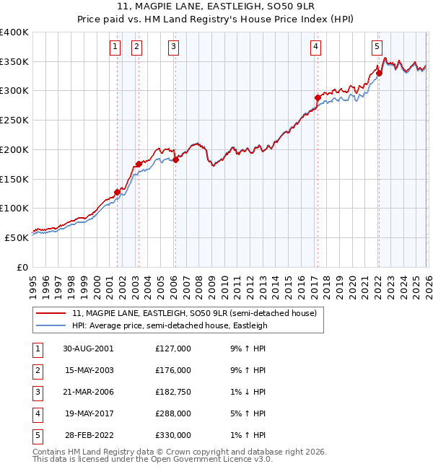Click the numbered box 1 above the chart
pos(115,48)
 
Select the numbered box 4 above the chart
pos(316,48)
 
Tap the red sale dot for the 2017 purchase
pos(318,97)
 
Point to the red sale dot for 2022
pos(379,73)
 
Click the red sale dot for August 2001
pos(117,192)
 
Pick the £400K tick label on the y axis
pos(14,32)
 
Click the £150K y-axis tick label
pos(14,178)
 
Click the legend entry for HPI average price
pos(170,326)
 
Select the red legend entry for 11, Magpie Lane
pos(194,313)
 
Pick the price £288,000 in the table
pos(173,413)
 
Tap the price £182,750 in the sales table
pos(173,392)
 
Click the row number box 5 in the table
pos(36,435)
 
